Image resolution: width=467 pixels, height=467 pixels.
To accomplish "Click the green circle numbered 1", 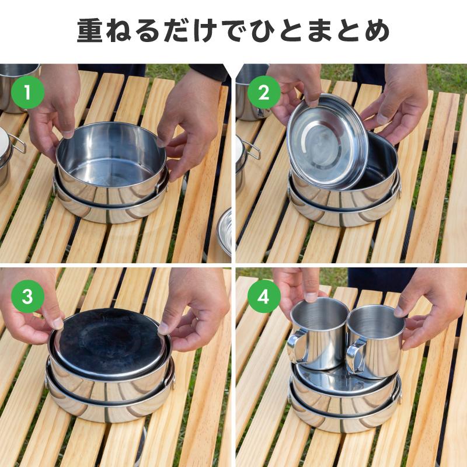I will [x=27, y=92].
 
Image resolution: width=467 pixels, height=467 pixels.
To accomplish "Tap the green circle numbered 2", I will [x=263, y=92].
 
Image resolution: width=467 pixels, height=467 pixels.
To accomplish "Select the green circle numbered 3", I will [x=27, y=297].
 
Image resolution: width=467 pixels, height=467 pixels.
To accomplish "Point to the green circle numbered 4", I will [x=263, y=297].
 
